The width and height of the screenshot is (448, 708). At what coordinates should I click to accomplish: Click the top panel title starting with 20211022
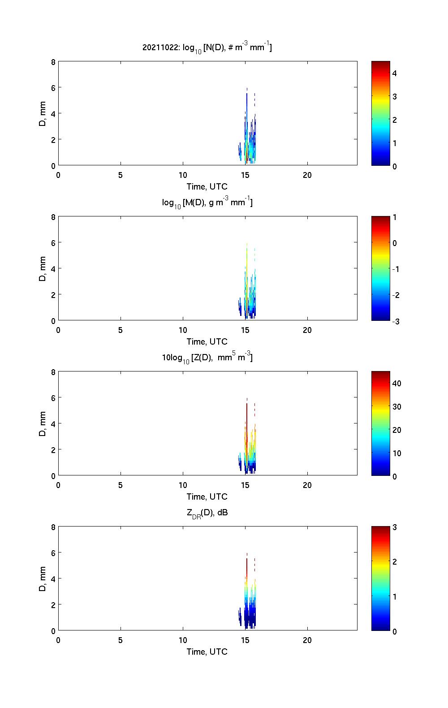(207, 47)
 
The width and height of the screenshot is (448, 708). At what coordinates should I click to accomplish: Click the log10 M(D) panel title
(207, 203)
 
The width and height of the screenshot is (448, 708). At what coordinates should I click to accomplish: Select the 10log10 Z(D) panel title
(207, 358)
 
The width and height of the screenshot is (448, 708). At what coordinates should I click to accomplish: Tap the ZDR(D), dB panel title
(207, 513)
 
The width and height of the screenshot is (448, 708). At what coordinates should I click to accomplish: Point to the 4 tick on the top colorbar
(395, 73)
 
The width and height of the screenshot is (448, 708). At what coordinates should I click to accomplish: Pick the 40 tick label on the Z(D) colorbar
(396, 383)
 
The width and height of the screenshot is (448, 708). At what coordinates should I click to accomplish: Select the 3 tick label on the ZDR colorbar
(395, 527)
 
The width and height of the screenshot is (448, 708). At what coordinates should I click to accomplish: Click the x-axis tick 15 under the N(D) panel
(245, 175)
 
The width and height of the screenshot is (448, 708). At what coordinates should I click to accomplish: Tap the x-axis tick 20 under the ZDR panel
(307, 640)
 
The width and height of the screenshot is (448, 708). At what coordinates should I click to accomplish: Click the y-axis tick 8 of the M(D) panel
(53, 217)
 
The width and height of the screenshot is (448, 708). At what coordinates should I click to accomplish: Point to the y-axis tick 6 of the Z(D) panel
(53, 398)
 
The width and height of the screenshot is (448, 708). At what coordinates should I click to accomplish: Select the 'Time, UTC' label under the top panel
(207, 187)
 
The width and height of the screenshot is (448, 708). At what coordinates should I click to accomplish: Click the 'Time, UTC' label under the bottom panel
(207, 652)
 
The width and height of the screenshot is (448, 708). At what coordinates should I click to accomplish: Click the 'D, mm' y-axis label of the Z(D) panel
(43, 423)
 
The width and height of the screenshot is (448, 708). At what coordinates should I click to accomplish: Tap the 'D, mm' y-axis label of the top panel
(43, 113)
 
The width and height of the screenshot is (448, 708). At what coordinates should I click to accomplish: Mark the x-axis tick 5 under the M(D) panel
(121, 330)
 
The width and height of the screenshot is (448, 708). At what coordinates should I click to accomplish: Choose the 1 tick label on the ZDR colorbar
(395, 596)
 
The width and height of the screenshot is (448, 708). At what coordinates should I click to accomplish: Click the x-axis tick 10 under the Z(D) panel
(183, 485)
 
